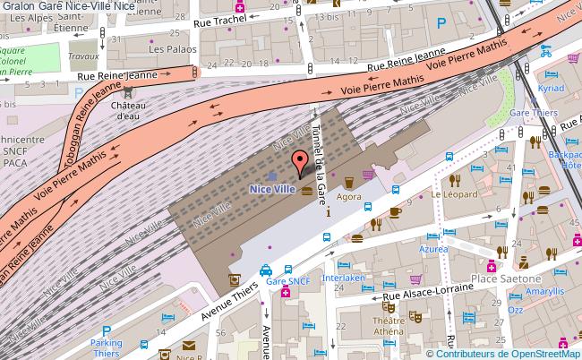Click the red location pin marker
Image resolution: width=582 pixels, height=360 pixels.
point(300,163)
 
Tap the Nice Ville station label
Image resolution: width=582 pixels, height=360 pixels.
point(272,189)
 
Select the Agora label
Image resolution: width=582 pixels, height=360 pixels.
point(349,196)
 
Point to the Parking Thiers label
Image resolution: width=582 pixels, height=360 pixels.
point(106,347)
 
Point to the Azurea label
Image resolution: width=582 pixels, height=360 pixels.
point(433,251)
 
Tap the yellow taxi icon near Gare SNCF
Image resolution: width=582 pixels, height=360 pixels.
point(265,269)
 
